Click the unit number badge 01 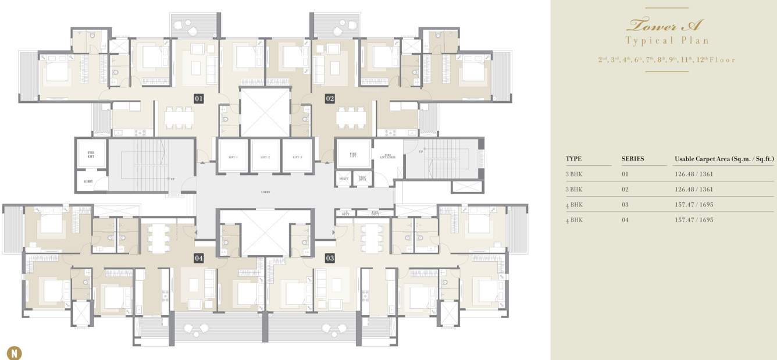tap(198, 99)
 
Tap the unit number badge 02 tap(330, 99)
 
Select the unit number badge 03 tap(330, 258)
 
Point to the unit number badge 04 tap(199, 258)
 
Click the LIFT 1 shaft tap(233, 156)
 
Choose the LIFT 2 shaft tap(265, 156)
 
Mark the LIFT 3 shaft tap(297, 156)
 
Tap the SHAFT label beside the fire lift tap(343, 179)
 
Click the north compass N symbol tap(13, 352)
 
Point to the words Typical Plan tap(667, 41)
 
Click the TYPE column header tap(573, 159)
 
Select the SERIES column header tap(633, 159)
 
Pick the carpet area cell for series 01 tap(694, 174)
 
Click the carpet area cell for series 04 tap(694, 220)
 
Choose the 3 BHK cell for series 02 tap(574, 189)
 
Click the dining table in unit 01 tap(178, 118)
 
